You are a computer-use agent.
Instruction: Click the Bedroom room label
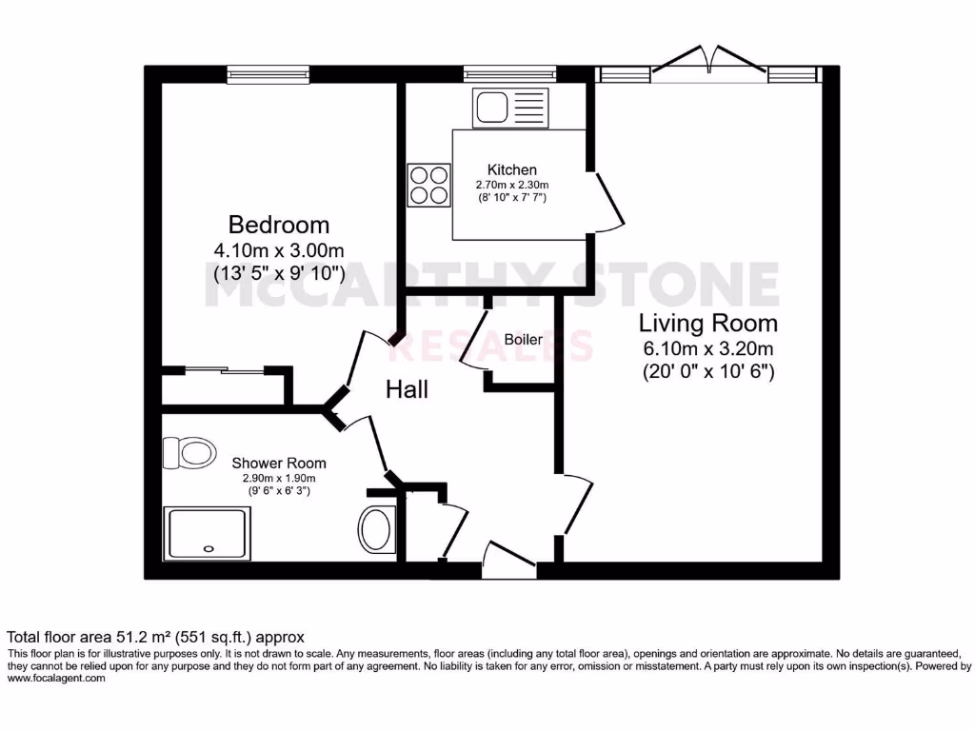(x=278, y=226)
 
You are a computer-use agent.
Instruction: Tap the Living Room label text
(x=707, y=322)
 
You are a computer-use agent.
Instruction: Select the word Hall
(x=407, y=389)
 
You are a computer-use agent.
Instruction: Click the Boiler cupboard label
(x=523, y=340)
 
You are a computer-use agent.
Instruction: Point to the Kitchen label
(x=512, y=169)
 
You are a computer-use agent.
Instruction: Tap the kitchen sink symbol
(x=509, y=107)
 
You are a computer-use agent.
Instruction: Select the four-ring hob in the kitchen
(x=428, y=185)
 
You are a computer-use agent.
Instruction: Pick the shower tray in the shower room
(x=209, y=533)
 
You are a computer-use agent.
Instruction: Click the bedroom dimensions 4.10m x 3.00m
(x=278, y=251)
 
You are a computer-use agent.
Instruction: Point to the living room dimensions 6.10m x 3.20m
(x=707, y=347)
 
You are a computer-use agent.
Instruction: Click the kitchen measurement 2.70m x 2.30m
(x=512, y=185)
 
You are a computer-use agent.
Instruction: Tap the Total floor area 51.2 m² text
(x=155, y=637)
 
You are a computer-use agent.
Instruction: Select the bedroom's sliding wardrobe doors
(x=227, y=369)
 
